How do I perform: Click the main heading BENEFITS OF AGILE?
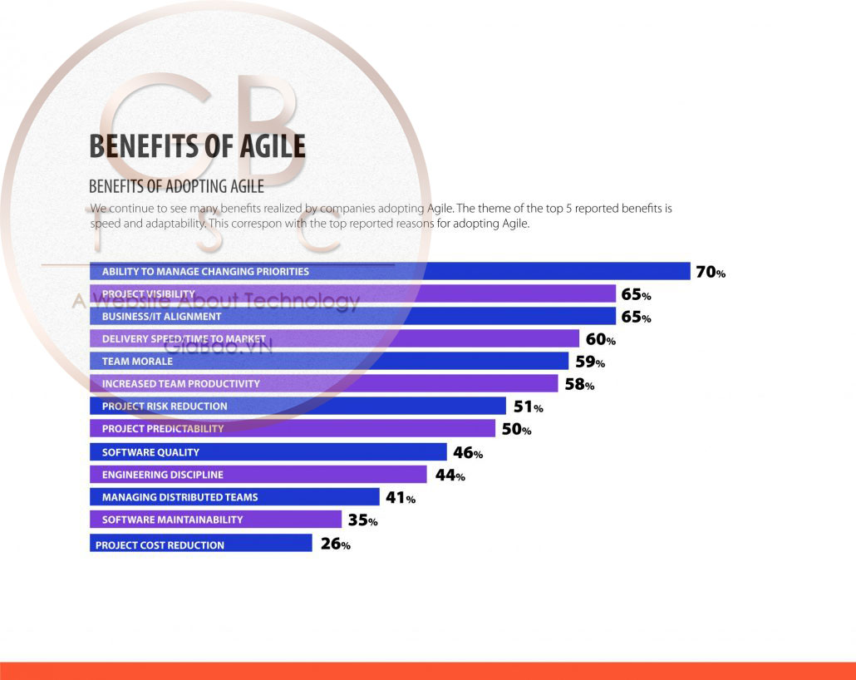[197, 146]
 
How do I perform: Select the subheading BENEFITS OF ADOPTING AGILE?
[176, 185]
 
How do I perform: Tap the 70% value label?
[711, 272]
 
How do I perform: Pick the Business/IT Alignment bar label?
[161, 317]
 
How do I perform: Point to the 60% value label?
[599, 339]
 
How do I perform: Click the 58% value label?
[578, 384]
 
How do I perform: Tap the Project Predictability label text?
[163, 429]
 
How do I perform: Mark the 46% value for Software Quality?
[467, 452]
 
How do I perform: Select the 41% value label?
[400, 497]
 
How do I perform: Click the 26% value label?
[335, 544]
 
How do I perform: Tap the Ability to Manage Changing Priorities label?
[205, 272]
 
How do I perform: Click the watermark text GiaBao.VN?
[218, 347]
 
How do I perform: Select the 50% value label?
[515, 429]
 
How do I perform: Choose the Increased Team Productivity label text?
[180, 384]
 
